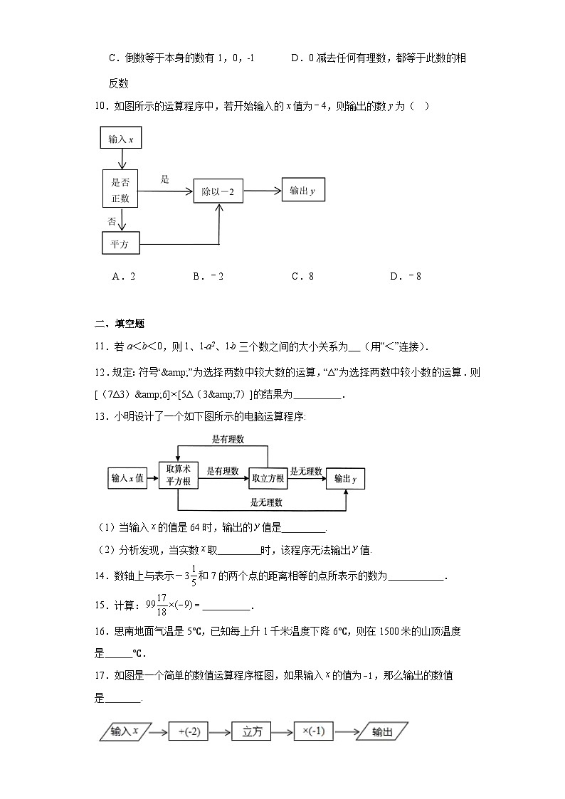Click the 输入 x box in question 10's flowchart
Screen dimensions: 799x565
point(122,139)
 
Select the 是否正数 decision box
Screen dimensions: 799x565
point(120,190)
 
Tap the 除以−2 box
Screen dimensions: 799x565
point(218,191)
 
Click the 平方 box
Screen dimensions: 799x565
point(120,244)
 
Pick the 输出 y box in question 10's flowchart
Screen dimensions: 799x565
point(302,191)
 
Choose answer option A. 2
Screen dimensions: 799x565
point(123,277)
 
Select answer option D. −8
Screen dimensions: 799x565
point(406,277)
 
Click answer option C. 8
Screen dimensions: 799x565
point(302,277)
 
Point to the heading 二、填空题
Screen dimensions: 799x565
point(120,324)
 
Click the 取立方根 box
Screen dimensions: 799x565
point(268,479)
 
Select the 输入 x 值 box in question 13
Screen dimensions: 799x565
point(127,479)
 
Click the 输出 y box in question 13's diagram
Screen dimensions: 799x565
point(345,480)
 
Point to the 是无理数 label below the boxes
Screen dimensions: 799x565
point(266,502)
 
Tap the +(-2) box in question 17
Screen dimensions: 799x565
point(189,731)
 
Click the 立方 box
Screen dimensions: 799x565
point(253,731)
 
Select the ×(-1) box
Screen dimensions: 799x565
point(314,731)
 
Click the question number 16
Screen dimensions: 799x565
point(100,631)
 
